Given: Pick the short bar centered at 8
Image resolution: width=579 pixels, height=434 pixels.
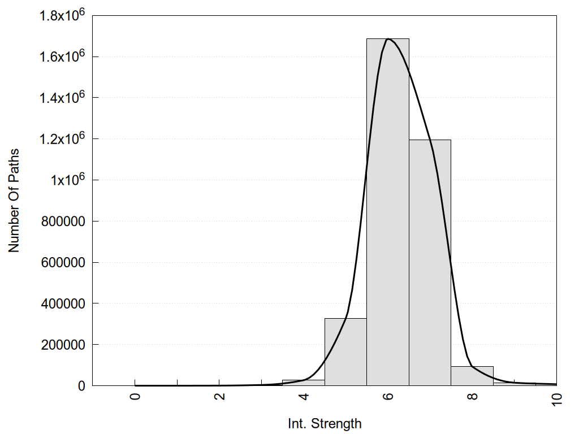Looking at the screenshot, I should click(472, 376).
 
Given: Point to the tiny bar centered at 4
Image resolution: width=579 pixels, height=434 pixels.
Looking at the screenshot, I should click(304, 383).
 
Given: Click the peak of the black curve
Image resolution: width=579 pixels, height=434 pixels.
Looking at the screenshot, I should click(388, 39).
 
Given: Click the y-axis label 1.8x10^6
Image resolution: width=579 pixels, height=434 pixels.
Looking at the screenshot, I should click(61, 15).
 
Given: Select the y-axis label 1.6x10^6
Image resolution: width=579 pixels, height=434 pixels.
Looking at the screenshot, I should click(61, 57).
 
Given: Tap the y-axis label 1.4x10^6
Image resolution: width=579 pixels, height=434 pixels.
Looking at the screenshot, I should click(61, 98).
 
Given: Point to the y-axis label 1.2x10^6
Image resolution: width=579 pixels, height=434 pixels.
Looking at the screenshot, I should click(61, 139).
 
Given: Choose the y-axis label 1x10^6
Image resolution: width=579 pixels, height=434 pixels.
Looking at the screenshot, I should click(66, 180).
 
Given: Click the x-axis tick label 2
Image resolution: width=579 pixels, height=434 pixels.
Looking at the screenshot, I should click(219, 396).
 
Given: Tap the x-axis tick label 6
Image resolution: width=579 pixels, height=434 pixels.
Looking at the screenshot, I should click(388, 396).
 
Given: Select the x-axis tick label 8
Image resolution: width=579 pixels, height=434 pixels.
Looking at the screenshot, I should click(473, 396).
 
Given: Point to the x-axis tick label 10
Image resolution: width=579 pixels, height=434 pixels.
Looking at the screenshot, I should click(557, 398).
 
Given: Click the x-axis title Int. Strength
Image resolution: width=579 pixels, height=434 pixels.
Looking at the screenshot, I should click(324, 423).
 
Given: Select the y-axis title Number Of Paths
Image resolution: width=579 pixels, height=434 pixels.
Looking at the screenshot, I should click(14, 201).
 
